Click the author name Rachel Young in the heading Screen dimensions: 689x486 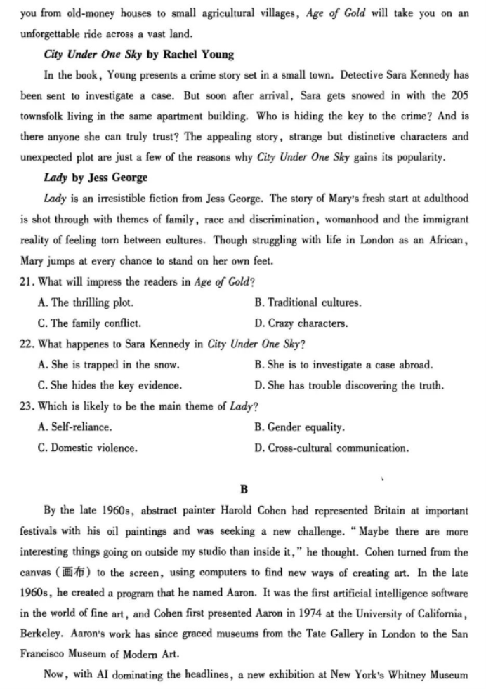tap(199, 54)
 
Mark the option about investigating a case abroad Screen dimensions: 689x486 tap(343, 365)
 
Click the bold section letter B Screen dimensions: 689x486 tap(244, 488)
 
